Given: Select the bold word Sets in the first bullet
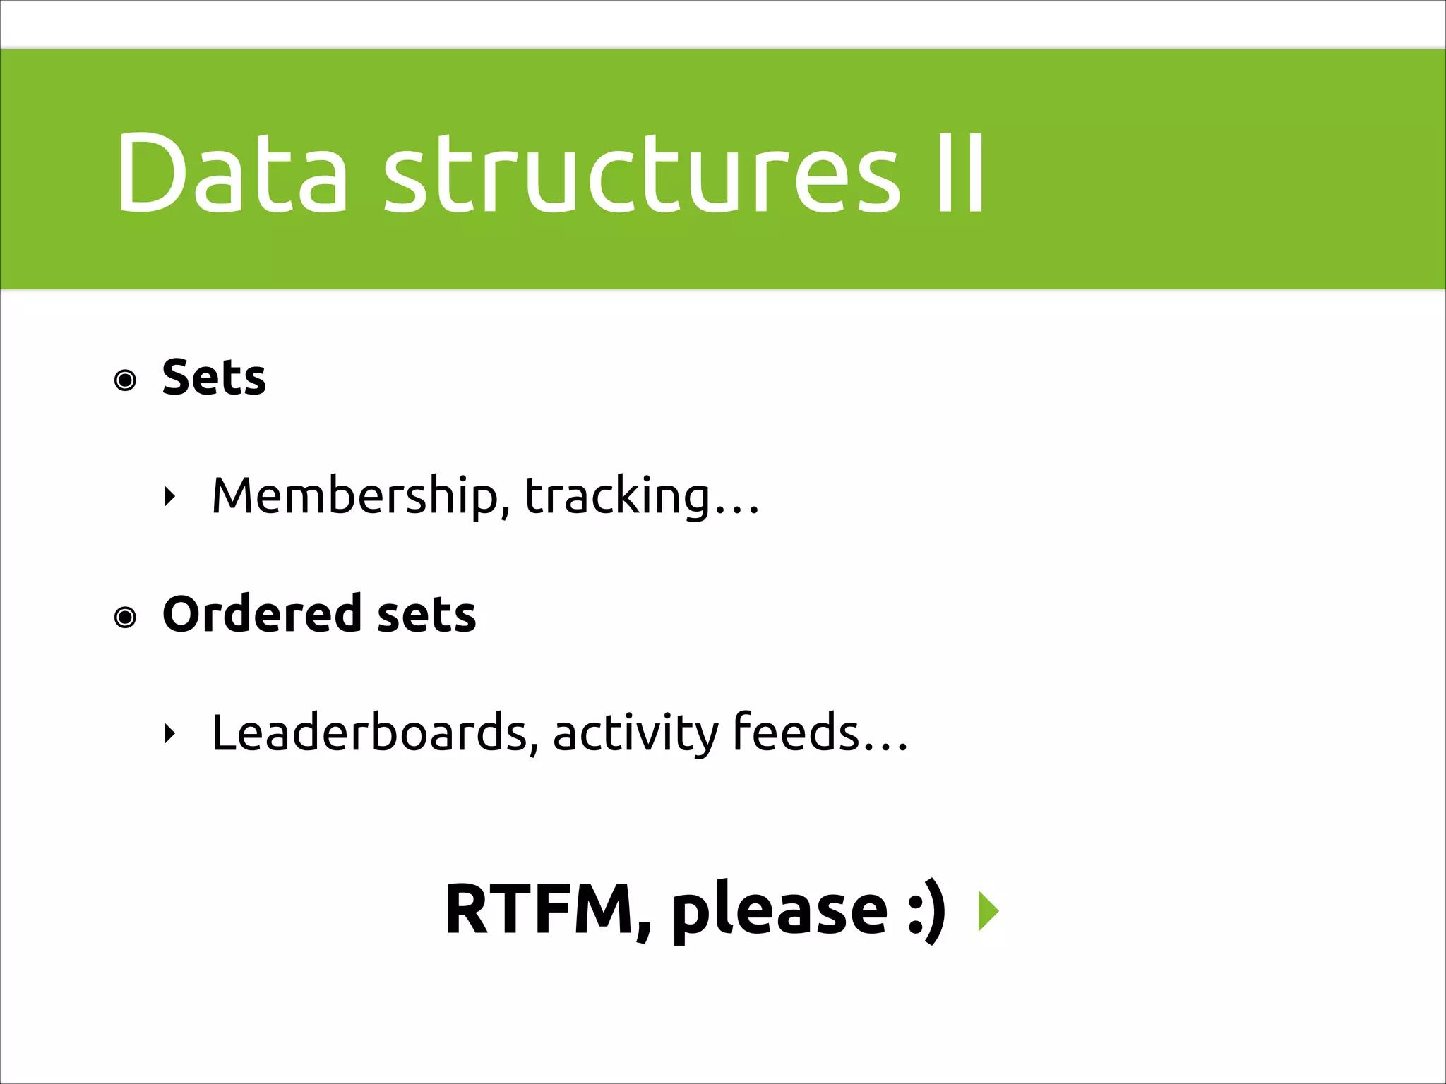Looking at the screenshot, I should click(x=214, y=377).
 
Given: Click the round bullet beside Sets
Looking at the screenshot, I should click(x=126, y=381).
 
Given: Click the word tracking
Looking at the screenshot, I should click(x=617, y=495).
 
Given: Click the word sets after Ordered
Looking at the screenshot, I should click(x=426, y=614).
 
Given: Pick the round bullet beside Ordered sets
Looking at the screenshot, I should click(x=126, y=618).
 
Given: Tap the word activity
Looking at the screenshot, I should click(x=635, y=734).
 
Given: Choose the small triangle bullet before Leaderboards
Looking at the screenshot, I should click(x=169, y=735).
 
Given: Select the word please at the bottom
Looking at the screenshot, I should click(x=779, y=910).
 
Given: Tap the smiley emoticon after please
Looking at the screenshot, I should click(x=926, y=910).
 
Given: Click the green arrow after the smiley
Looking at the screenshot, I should click(x=988, y=911).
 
